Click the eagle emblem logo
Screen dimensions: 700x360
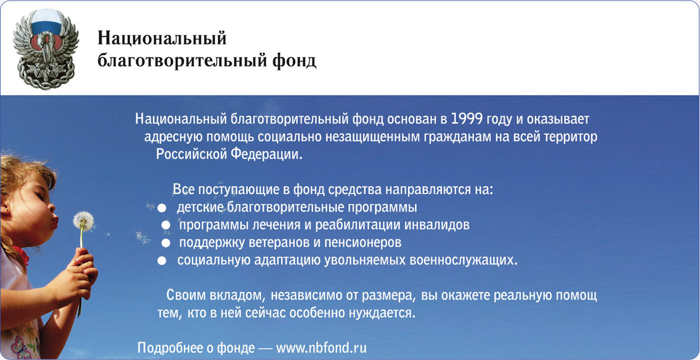[46, 49]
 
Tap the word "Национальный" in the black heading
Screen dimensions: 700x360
[162, 39]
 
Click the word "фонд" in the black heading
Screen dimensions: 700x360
[294, 60]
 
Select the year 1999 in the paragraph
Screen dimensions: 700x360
[467, 118]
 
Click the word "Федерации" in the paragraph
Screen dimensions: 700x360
[266, 154]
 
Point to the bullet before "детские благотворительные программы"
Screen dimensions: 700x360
[161, 208]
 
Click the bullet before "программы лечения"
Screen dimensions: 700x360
[165, 225]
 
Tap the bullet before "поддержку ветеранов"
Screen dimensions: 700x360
[165, 243]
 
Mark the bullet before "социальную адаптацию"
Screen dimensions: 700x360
[161, 260]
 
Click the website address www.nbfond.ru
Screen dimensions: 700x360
[321, 348]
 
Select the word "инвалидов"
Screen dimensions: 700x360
[437, 225]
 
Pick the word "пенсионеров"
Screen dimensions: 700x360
[363, 243]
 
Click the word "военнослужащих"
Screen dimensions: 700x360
[463, 260]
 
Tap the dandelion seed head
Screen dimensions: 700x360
[84, 221]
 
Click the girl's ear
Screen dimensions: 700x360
[5, 208]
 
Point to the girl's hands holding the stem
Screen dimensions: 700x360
[82, 275]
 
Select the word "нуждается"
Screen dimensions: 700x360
[382, 313]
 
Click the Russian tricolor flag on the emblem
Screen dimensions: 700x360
[46, 22]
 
